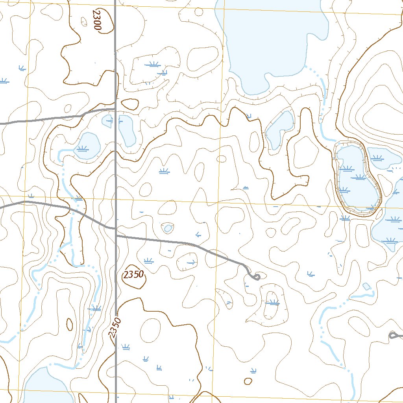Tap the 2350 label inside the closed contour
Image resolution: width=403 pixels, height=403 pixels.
(x=133, y=275)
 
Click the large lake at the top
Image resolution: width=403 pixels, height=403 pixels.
(x=272, y=39)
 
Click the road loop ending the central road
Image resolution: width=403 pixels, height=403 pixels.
(x=256, y=277)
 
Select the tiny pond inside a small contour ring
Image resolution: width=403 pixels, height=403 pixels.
(x=168, y=228)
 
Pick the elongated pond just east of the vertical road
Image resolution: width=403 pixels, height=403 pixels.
(x=127, y=130)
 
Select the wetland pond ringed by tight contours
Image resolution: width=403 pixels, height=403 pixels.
(x=356, y=179)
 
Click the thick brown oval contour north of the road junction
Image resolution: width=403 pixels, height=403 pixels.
(x=130, y=104)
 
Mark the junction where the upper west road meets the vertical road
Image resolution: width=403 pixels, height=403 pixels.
(x=115, y=109)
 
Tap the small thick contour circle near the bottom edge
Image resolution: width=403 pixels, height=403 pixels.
(x=248, y=381)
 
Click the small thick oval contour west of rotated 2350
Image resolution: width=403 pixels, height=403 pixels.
(x=70, y=324)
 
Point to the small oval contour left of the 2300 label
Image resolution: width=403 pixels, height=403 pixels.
(x=84, y=22)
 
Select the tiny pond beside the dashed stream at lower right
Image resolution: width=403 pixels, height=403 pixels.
(x=366, y=286)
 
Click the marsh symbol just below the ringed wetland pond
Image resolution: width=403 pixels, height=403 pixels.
(x=345, y=218)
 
